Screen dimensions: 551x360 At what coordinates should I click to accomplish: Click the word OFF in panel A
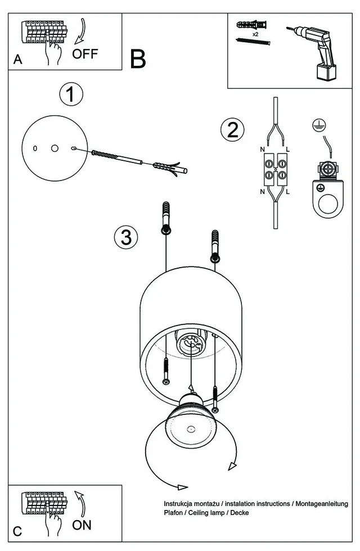click(x=85, y=54)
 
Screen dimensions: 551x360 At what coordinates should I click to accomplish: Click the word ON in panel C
click(x=82, y=526)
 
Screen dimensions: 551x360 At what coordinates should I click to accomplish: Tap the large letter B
click(x=138, y=58)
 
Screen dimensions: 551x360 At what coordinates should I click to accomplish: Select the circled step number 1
click(x=71, y=94)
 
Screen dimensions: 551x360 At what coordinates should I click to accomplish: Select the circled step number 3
click(x=126, y=237)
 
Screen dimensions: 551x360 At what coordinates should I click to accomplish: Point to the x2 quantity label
click(x=255, y=34)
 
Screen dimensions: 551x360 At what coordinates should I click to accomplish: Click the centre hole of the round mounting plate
click(x=54, y=148)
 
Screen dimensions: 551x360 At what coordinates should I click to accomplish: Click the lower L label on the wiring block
click(x=287, y=192)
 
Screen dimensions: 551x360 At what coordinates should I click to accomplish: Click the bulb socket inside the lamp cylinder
click(x=190, y=342)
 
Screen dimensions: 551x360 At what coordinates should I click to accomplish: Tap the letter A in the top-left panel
click(x=18, y=60)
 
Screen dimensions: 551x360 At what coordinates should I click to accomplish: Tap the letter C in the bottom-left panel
click(x=18, y=531)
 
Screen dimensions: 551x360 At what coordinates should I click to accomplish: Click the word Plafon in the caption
click(x=174, y=513)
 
